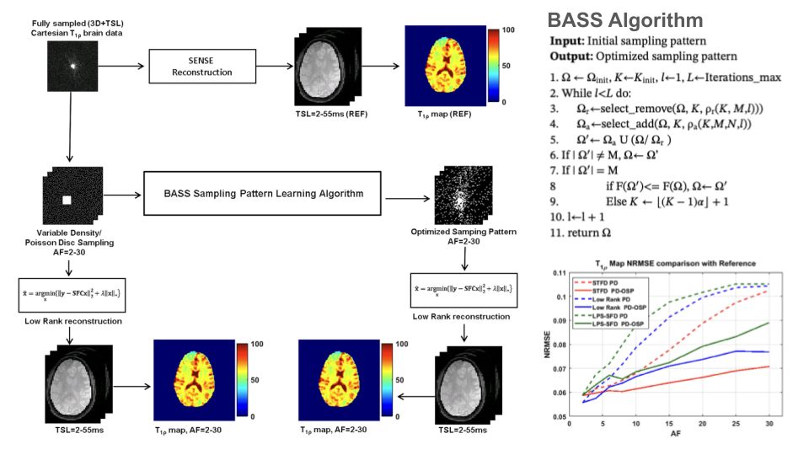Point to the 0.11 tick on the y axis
(557, 273)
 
